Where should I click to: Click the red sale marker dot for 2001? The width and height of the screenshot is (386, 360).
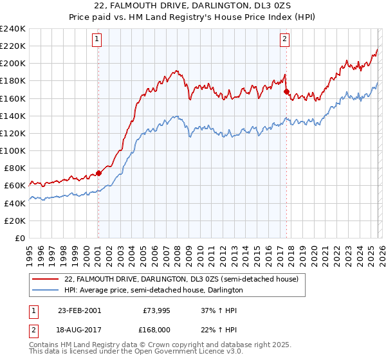[x=98, y=173]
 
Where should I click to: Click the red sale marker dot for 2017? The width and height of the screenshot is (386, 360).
[x=286, y=91]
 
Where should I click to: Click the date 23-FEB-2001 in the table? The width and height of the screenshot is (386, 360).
[x=79, y=310]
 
